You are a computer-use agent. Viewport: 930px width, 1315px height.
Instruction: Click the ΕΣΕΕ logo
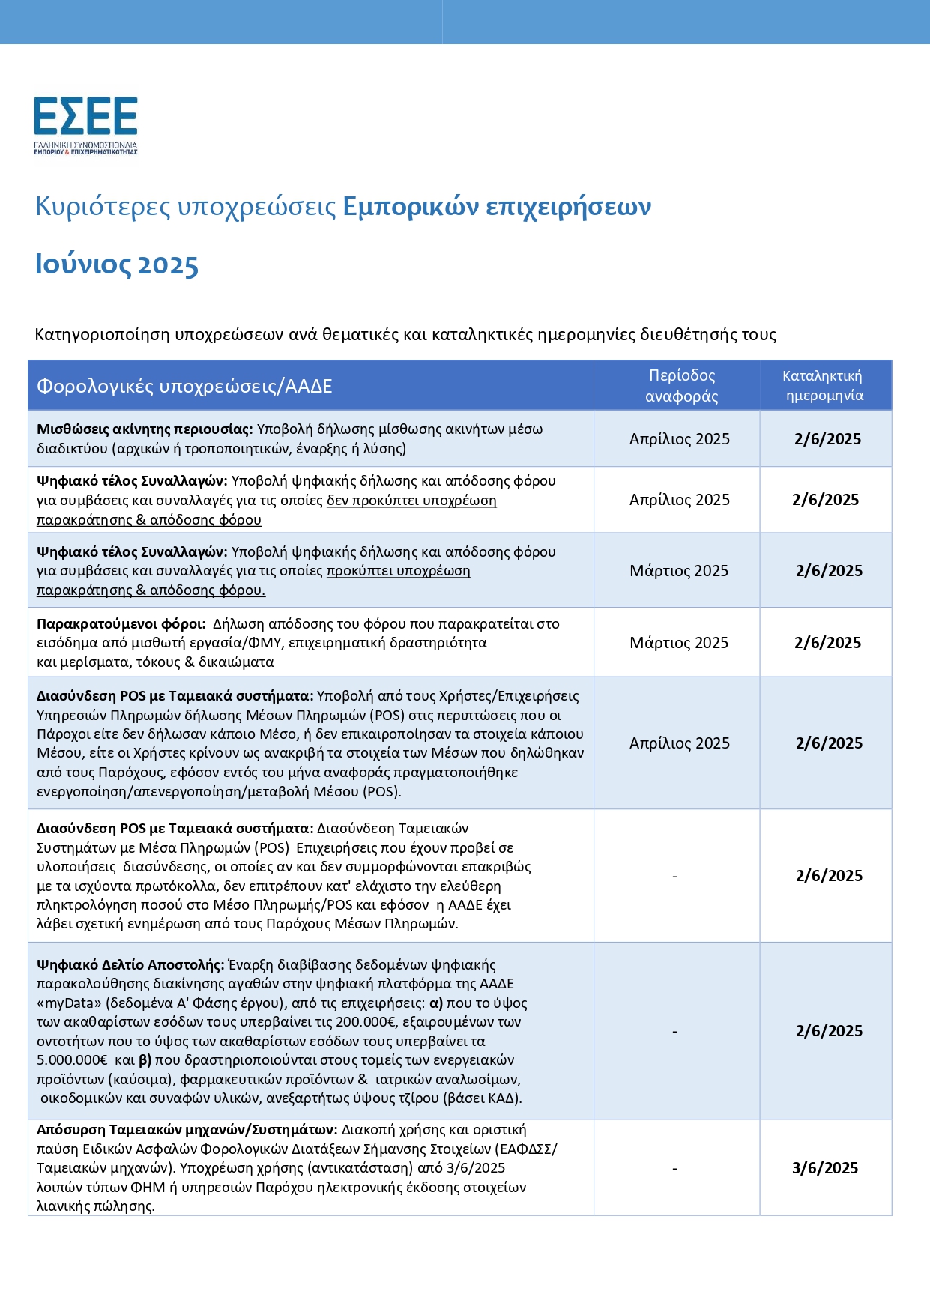pos(85,124)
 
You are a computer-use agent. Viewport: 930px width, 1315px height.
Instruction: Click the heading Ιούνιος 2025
pos(117,265)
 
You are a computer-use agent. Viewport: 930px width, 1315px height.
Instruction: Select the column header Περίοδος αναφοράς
pos(681,386)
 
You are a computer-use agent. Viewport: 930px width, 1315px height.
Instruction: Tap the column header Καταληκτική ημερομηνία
pos(824,386)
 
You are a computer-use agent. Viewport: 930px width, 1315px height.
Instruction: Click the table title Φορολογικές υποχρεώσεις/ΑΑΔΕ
pos(184,387)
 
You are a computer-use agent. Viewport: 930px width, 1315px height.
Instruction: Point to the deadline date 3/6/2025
pos(825,1168)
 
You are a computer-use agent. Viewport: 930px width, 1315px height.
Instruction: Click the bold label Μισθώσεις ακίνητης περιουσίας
pos(145,429)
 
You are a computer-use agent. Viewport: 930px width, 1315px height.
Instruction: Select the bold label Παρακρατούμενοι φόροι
pos(121,624)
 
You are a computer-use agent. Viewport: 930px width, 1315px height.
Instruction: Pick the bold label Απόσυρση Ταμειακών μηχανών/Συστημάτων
pos(187,1130)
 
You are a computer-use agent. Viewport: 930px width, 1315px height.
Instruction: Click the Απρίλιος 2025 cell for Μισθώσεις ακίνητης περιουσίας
pos(680,439)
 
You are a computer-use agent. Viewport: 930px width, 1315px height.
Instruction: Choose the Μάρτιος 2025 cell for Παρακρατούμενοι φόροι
pos(679,643)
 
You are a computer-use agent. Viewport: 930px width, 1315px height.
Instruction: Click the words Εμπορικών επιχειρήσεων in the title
pos(497,207)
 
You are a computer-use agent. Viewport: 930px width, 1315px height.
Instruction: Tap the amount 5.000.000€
pos(72,1060)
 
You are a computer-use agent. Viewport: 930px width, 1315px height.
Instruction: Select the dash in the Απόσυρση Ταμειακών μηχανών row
pos(675,1168)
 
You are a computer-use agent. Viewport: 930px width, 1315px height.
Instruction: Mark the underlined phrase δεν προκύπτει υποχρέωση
pos(411,501)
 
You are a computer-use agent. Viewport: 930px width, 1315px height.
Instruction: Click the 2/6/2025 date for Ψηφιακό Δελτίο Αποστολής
pos(829,1031)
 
